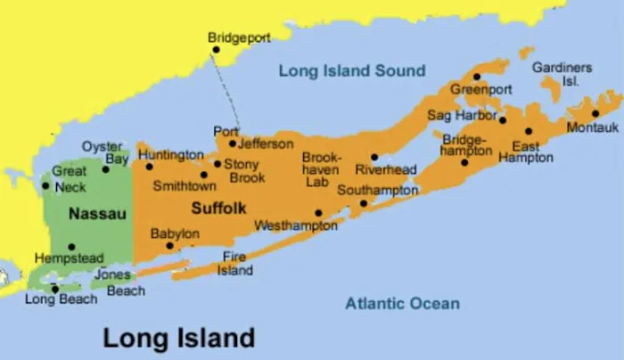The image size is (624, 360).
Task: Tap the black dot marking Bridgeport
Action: [x=216, y=50]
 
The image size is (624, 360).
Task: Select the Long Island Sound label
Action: [x=352, y=70]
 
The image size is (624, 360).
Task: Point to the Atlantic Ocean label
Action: [x=403, y=304]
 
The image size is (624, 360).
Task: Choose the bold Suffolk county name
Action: [x=218, y=208]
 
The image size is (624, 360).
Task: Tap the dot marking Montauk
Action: [x=595, y=113]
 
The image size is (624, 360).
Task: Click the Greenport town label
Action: [x=480, y=90]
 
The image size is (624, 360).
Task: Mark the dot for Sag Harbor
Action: [x=503, y=119]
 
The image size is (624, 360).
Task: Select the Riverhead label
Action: [x=386, y=169]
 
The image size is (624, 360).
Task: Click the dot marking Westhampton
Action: [x=319, y=212]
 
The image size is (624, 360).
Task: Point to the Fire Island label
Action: [x=236, y=264]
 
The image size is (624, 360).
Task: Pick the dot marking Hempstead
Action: [x=71, y=246]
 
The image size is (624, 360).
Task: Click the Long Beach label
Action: [x=61, y=299]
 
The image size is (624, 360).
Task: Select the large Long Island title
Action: [x=178, y=338]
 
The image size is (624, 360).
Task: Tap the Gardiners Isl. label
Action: [x=562, y=74]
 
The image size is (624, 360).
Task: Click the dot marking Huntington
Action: [x=149, y=166]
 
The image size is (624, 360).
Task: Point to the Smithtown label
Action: [x=185, y=186]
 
